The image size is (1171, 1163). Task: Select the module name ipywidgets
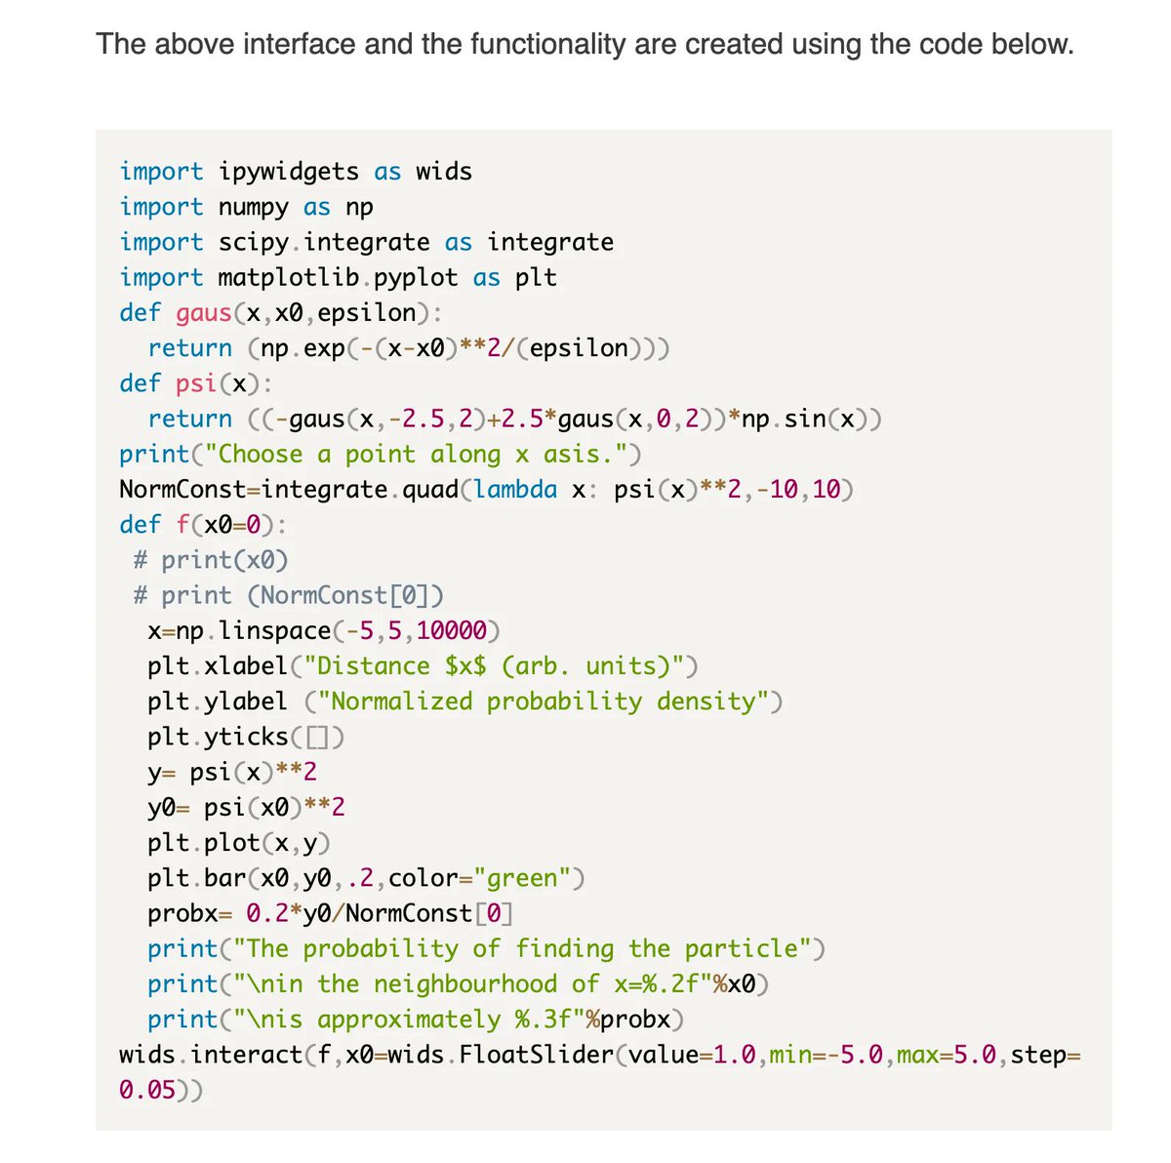(289, 172)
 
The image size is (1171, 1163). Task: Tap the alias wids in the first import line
(444, 172)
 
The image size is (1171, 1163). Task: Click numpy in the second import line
(253, 207)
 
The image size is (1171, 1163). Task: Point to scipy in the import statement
(253, 242)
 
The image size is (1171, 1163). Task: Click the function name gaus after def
(204, 313)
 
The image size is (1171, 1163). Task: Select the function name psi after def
(197, 383)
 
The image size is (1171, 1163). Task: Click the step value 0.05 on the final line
(147, 1090)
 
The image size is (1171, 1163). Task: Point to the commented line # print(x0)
(211, 560)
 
